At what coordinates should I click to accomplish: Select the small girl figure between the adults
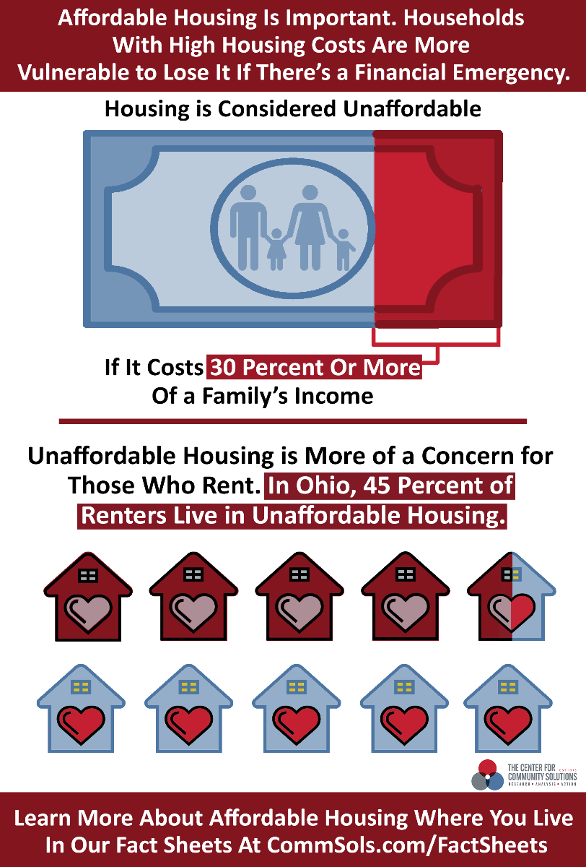pyautogui.click(x=276, y=249)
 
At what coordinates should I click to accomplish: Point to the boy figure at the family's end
pyautogui.click(x=344, y=250)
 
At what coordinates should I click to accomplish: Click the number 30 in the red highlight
pyautogui.click(x=223, y=367)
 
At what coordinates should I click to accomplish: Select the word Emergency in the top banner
pyautogui.click(x=512, y=72)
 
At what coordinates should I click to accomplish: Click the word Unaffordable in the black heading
pyautogui.click(x=412, y=108)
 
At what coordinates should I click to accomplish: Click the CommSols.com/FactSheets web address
pyautogui.click(x=407, y=845)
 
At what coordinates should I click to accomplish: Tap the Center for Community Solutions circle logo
pyautogui.click(x=487, y=775)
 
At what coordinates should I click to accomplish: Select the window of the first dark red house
pyautogui.click(x=88, y=576)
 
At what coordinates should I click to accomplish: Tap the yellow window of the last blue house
pyautogui.click(x=507, y=687)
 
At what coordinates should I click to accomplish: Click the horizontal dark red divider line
pyautogui.click(x=292, y=421)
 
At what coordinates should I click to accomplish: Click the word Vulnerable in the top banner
pyautogui.click(x=73, y=72)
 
